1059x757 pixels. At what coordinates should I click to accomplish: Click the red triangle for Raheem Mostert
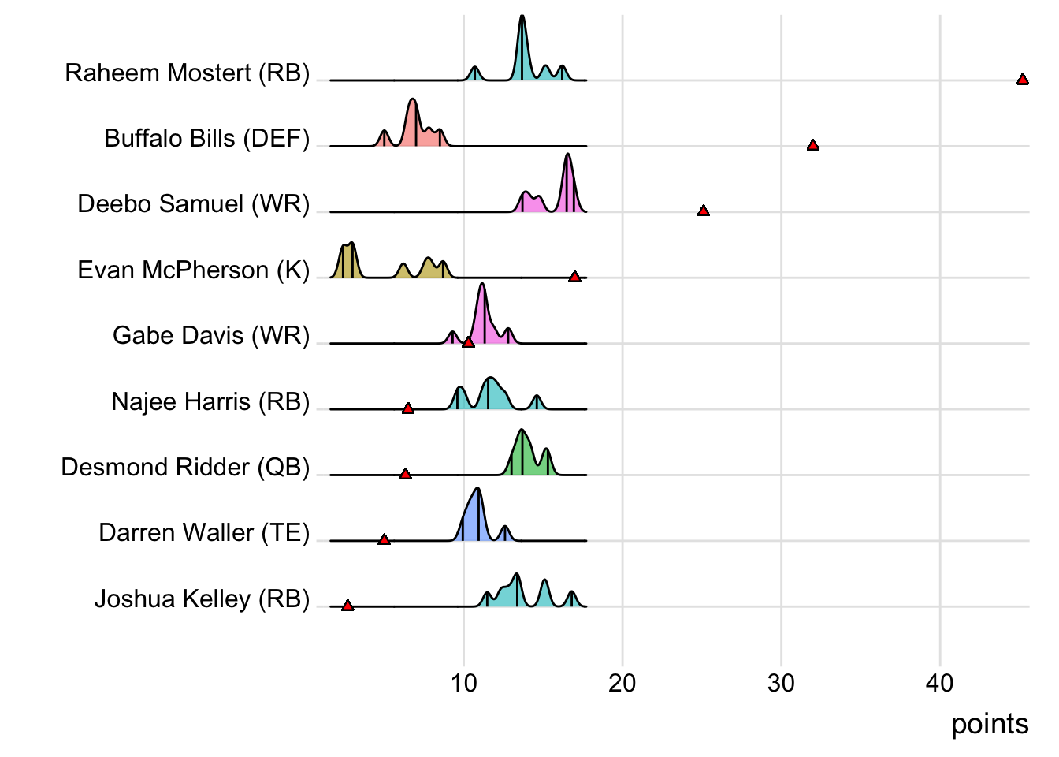1022,80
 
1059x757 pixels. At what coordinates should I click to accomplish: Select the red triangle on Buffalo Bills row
813,145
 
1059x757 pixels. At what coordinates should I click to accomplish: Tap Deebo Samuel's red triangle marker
704,211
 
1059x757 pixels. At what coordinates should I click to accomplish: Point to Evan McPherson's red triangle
575,277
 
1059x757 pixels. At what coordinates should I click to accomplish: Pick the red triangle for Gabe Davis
468,342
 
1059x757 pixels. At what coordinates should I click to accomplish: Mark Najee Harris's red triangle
408,408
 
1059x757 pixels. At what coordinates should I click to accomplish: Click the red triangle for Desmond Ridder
405,474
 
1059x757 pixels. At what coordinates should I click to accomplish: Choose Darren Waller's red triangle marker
385,539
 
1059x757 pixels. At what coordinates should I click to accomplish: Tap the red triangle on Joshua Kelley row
347,606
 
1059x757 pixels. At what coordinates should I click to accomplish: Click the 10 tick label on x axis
464,683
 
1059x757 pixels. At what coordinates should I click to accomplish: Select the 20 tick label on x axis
622,683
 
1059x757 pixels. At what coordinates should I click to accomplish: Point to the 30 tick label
781,683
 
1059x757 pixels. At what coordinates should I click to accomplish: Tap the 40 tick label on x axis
940,683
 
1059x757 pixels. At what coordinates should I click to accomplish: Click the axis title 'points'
990,724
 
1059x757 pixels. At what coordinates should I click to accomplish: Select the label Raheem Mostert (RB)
188,73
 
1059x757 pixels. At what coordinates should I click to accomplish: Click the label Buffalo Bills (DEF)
207,139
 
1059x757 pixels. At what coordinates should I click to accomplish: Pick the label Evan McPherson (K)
194,270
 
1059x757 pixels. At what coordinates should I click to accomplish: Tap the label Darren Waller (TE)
204,533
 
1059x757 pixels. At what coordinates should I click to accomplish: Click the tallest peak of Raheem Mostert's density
522,17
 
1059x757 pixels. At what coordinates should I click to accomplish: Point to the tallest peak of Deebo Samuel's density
567,155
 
